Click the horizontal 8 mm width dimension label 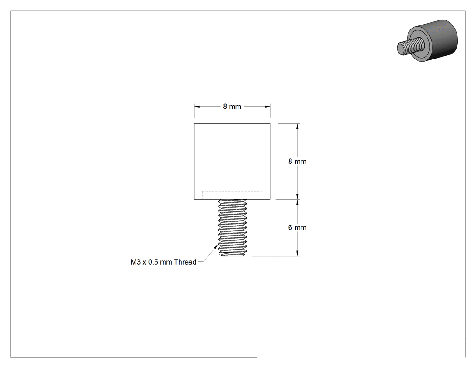click(232, 107)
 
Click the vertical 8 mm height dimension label click(297, 162)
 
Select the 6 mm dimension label click(297, 228)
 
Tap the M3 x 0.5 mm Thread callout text click(163, 262)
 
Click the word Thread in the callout click(185, 262)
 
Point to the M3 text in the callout click(136, 262)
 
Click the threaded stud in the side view click(232, 228)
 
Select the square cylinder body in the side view click(232, 162)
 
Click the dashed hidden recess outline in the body click(232, 191)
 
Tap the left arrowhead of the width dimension click(197, 107)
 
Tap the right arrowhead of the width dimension click(267, 107)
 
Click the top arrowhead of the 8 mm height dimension click(297, 126)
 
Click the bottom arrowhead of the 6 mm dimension click(297, 254)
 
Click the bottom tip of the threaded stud click(232, 256)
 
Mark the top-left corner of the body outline click(194, 124)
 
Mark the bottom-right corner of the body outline click(270, 199)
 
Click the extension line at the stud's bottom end click(276, 256)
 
